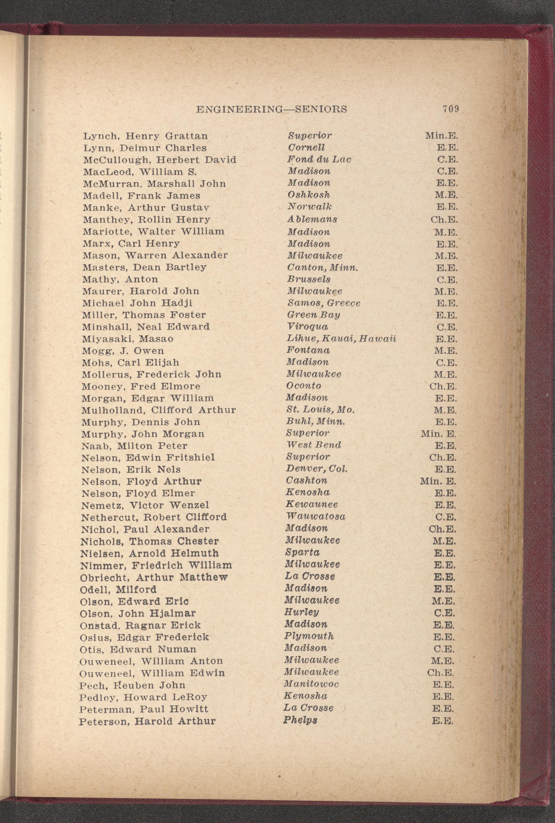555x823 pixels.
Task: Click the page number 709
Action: click(x=451, y=109)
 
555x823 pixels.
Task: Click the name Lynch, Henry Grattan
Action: click(x=145, y=136)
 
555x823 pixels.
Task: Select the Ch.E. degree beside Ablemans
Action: click(x=444, y=220)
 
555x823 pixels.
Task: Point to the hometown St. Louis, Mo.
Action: click(x=320, y=410)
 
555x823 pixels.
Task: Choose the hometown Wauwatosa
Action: click(x=315, y=517)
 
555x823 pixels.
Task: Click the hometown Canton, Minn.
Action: click(x=322, y=267)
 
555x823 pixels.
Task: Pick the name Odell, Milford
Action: click(x=118, y=589)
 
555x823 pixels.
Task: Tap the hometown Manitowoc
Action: click(x=311, y=684)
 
